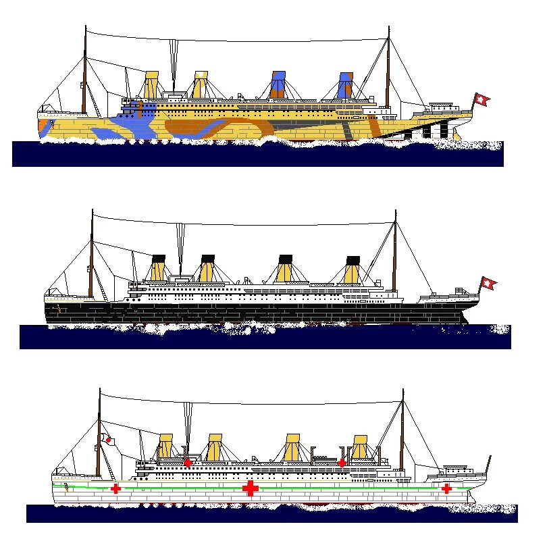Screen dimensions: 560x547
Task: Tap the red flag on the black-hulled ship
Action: pos(488,284)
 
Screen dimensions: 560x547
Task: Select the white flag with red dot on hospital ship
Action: pos(108,440)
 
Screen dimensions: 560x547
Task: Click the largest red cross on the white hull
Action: pos(250,488)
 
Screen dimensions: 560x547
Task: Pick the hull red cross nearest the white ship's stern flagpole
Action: pos(446,488)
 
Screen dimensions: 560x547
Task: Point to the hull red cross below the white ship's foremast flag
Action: pos(116,488)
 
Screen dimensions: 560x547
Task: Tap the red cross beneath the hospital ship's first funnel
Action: pos(188,463)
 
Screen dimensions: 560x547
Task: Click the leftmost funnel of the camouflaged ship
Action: pos(151,85)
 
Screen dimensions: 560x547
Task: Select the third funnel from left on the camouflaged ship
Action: pos(278,85)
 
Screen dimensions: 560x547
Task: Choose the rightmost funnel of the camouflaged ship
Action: pos(345,85)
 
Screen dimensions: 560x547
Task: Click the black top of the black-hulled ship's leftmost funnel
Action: pos(159,258)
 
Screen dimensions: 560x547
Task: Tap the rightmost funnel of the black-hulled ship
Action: pos(353,270)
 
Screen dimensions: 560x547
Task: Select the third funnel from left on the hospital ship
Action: pos(292,448)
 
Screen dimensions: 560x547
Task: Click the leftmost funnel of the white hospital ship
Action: pos(165,448)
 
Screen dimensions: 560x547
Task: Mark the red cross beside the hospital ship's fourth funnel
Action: pos(342,463)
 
